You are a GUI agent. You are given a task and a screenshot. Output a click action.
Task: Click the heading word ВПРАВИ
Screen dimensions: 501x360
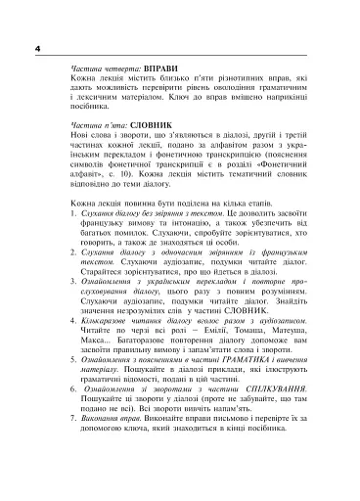[x=159, y=70]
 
